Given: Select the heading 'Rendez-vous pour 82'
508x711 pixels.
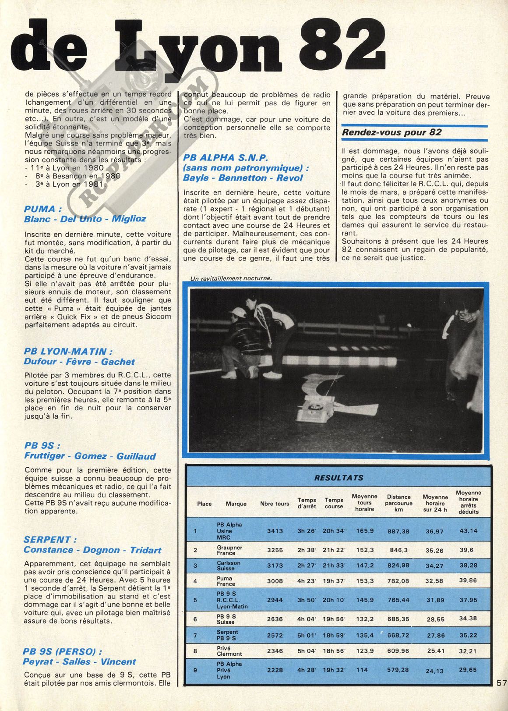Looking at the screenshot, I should pyautogui.click(x=392, y=132).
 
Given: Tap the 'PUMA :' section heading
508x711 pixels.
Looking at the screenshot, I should pyautogui.click(x=40, y=209).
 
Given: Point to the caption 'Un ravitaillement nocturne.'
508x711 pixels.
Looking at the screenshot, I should pyautogui.click(x=231, y=278).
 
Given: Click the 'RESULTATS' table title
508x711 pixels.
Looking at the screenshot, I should pyautogui.click(x=338, y=477).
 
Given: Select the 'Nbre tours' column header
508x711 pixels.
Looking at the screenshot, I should pyautogui.click(x=275, y=504).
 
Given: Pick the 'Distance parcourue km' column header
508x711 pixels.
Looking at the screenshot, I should pyautogui.click(x=399, y=503).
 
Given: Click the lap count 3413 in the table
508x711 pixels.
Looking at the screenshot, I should pyautogui.click(x=275, y=531).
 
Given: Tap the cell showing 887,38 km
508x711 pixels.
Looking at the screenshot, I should pyautogui.click(x=399, y=531).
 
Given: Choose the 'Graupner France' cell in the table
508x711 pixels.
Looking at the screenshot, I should pyautogui.click(x=229, y=550).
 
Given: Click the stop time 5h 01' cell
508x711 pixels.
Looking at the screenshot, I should pyautogui.click(x=307, y=635).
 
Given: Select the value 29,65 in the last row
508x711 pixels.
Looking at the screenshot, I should pyautogui.click(x=468, y=670).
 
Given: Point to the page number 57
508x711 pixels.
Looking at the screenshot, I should pyautogui.click(x=501, y=683).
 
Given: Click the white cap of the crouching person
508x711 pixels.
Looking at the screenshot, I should pyautogui.click(x=237, y=312).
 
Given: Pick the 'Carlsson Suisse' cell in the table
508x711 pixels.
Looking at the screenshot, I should pyautogui.click(x=229, y=565).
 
